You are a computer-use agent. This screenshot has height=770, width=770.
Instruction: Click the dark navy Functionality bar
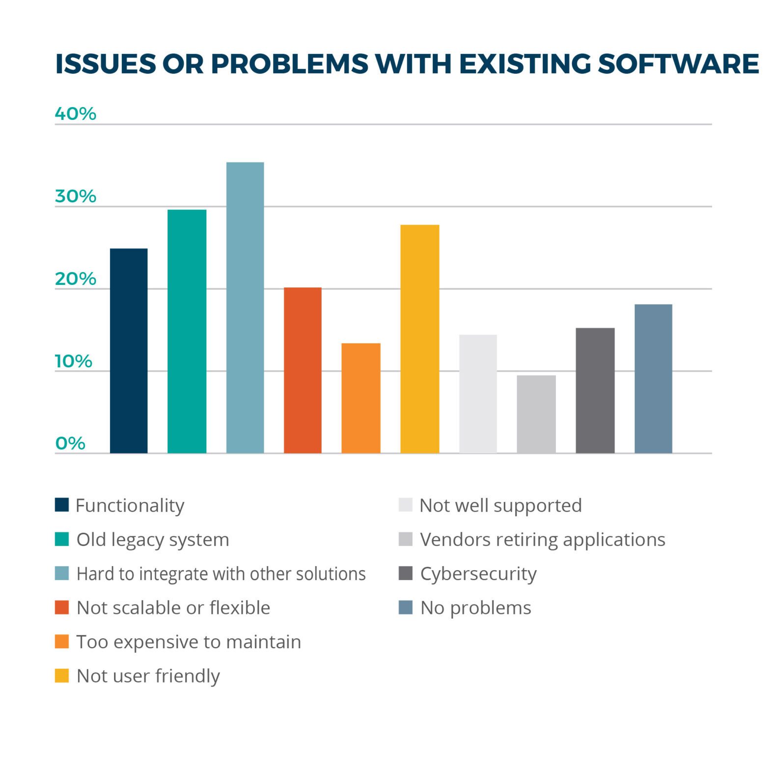129,351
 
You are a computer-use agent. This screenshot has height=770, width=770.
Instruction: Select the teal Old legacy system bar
187,331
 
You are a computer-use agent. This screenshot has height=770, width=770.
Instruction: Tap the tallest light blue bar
245,307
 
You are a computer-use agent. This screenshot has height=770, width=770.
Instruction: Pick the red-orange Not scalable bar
302,370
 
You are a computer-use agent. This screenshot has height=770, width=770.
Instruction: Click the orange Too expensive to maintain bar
361,398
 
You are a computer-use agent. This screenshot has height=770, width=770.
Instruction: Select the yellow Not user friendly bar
420,339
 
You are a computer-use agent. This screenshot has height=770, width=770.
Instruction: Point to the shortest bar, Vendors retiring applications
536,414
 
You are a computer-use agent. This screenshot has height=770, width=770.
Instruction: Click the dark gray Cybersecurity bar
595,390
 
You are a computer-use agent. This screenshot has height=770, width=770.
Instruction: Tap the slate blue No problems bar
653,379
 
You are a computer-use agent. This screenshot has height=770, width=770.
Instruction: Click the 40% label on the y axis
75,114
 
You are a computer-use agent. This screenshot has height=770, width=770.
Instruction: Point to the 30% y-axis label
75,196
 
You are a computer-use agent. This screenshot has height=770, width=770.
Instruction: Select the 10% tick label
73,361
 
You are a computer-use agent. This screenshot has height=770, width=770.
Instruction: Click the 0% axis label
70,443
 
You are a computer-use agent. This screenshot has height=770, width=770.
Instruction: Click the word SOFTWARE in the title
678,64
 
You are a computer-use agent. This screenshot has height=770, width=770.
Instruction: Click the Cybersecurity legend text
478,574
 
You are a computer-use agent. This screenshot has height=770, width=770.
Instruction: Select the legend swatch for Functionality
62,505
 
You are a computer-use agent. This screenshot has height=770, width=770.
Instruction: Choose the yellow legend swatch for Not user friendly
62,676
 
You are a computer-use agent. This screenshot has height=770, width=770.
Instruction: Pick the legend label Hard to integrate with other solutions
221,574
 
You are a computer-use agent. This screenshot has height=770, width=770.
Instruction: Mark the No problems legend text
476,608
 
